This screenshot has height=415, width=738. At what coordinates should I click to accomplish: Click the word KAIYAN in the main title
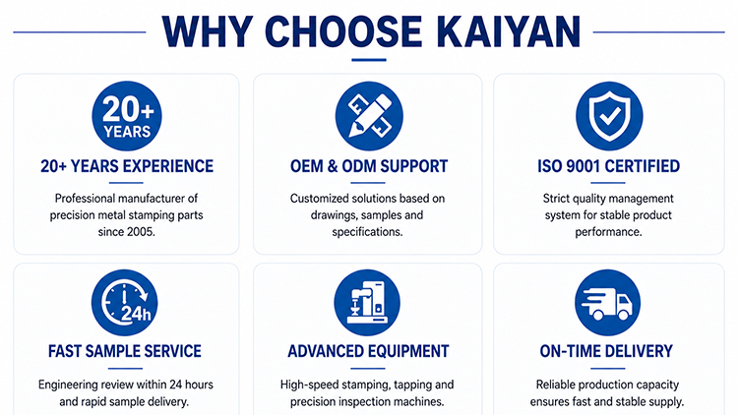(x=508, y=31)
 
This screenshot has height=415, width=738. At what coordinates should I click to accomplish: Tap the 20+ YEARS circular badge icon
(x=127, y=116)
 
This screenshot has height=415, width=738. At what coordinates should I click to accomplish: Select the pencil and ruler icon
(x=369, y=116)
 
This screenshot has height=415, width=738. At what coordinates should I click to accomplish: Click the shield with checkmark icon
(x=609, y=116)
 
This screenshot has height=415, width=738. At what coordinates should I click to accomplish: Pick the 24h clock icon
(x=125, y=303)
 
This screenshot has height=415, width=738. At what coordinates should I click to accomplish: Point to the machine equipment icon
(x=367, y=303)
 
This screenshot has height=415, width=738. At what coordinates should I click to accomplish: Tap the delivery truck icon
(x=607, y=303)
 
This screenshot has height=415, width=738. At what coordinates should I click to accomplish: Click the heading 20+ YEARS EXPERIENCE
(x=127, y=166)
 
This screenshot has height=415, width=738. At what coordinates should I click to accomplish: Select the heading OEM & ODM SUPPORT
(x=369, y=166)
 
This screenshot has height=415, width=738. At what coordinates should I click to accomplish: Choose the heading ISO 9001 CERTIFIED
(x=608, y=166)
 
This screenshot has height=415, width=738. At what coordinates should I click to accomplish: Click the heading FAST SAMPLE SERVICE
(x=125, y=351)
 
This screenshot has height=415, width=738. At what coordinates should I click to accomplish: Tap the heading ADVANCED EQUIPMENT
(x=368, y=351)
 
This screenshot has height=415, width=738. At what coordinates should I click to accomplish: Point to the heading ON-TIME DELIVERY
(x=606, y=351)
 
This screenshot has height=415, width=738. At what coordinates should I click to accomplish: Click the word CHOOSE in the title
(x=343, y=31)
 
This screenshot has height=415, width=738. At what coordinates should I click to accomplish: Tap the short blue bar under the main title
(x=369, y=60)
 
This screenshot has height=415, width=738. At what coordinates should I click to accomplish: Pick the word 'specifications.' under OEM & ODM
(x=367, y=232)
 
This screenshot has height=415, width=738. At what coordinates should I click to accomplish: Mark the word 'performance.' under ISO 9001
(x=608, y=232)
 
